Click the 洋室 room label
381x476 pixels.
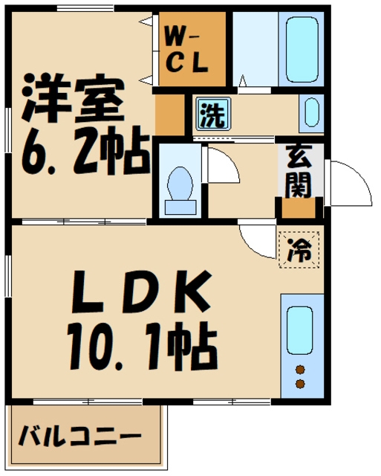pos(71,100)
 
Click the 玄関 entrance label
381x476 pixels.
pos(299,172)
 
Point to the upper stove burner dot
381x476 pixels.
pos(301,370)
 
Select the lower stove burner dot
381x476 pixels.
pos(301,384)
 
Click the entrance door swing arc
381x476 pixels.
pos(349,182)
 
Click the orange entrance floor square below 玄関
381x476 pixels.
pos(299,208)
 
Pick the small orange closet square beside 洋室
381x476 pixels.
pos(169,115)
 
